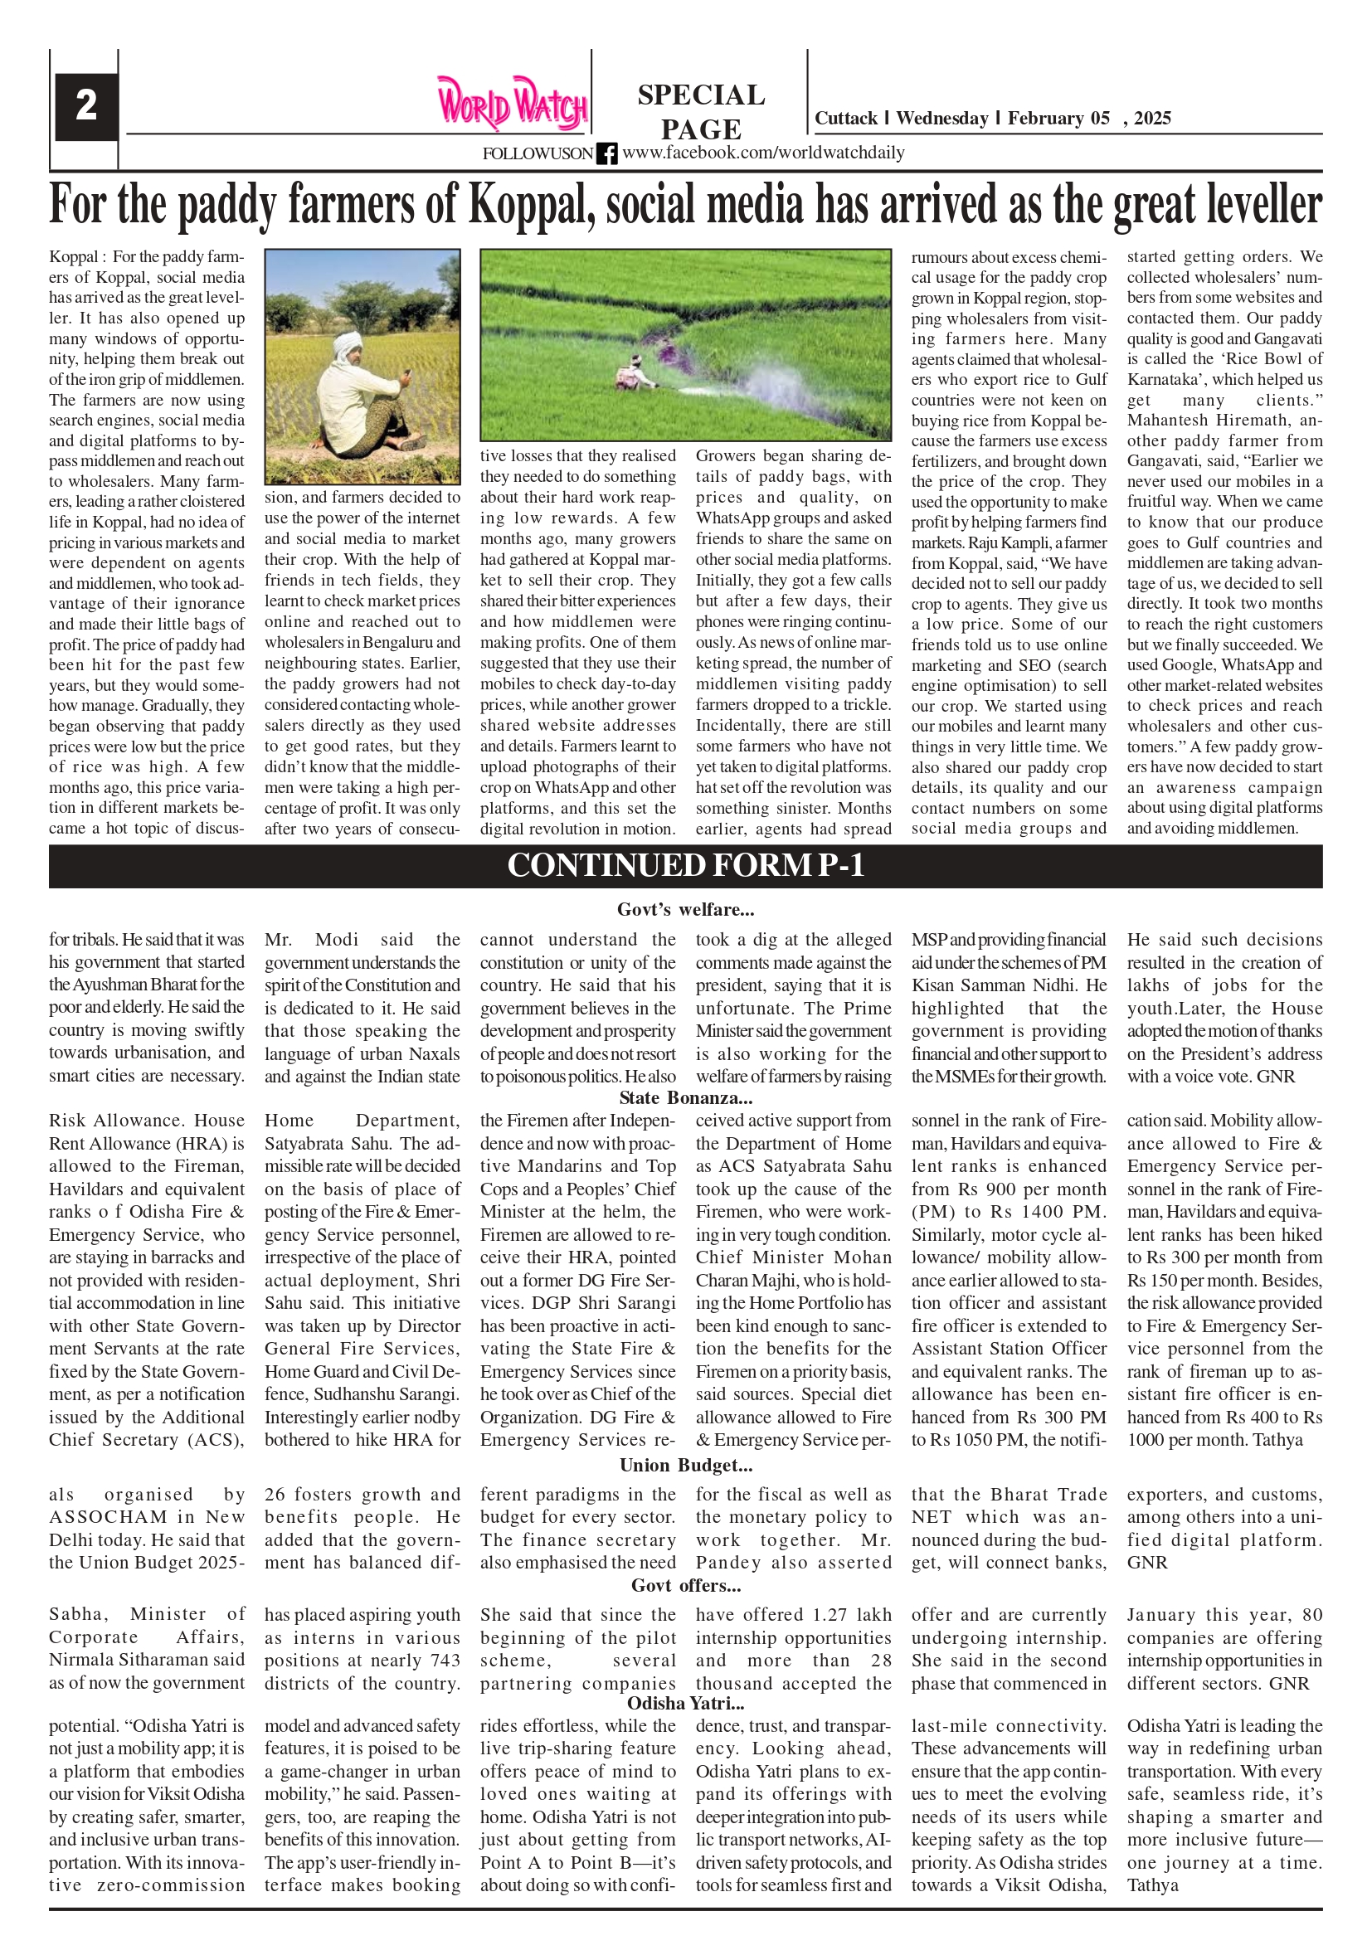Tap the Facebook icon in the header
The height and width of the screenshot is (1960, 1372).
click(607, 153)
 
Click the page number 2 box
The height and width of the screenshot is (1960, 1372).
click(86, 106)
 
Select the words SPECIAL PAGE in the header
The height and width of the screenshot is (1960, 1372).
click(701, 111)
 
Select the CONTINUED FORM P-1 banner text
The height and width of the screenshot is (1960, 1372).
click(685, 866)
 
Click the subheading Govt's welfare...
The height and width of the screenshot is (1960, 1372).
click(685, 910)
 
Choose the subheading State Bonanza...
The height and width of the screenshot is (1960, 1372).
click(685, 1098)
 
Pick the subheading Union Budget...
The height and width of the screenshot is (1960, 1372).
click(685, 1465)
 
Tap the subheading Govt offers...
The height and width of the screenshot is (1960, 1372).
click(685, 1585)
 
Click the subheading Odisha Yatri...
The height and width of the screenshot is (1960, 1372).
click(685, 1703)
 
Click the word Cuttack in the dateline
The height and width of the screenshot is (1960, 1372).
click(845, 119)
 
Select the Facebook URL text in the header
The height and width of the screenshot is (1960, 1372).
click(762, 153)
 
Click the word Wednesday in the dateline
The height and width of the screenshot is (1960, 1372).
click(941, 119)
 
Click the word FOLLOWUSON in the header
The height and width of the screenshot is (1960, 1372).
click(537, 153)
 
